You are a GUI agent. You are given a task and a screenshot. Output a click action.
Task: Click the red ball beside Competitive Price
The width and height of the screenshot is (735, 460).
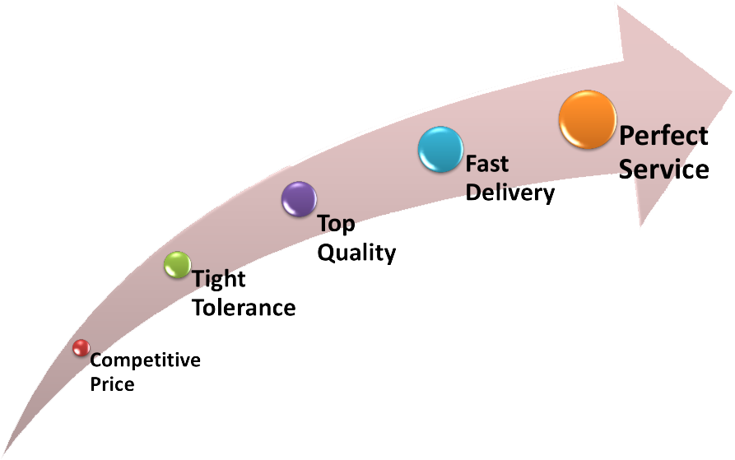80,348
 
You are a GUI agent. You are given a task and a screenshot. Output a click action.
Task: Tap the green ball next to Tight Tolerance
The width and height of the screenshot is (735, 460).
177,264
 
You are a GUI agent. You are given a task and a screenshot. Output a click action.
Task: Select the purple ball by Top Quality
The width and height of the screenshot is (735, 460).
299,199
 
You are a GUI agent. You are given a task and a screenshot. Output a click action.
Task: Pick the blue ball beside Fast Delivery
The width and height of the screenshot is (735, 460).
440,150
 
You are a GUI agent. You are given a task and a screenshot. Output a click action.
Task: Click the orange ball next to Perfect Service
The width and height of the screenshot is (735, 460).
588,119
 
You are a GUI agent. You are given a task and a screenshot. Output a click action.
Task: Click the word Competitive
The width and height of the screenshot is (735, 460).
145,360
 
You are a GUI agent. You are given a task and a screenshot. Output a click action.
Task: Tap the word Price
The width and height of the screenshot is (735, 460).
112,383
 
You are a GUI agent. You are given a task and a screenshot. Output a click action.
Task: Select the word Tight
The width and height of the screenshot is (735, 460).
219,280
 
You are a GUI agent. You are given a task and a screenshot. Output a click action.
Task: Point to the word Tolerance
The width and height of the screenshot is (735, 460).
244,308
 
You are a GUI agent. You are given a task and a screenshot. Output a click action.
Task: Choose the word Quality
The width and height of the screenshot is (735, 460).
356,253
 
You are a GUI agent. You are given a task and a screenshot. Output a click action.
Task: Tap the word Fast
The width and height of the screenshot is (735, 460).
487,164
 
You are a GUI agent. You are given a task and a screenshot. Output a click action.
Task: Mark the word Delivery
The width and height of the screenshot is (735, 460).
510,193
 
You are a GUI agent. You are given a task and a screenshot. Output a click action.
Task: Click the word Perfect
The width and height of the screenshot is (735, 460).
663,136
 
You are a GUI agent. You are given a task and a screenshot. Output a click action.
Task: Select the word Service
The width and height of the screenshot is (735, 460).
663,169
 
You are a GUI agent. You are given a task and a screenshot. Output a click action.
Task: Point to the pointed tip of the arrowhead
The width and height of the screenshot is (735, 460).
729,81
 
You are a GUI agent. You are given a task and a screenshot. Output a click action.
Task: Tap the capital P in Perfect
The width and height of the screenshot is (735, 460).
628,136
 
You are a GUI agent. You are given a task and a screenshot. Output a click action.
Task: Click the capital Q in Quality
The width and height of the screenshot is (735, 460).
327,253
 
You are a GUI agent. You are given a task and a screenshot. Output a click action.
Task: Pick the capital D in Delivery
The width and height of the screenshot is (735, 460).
474,193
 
